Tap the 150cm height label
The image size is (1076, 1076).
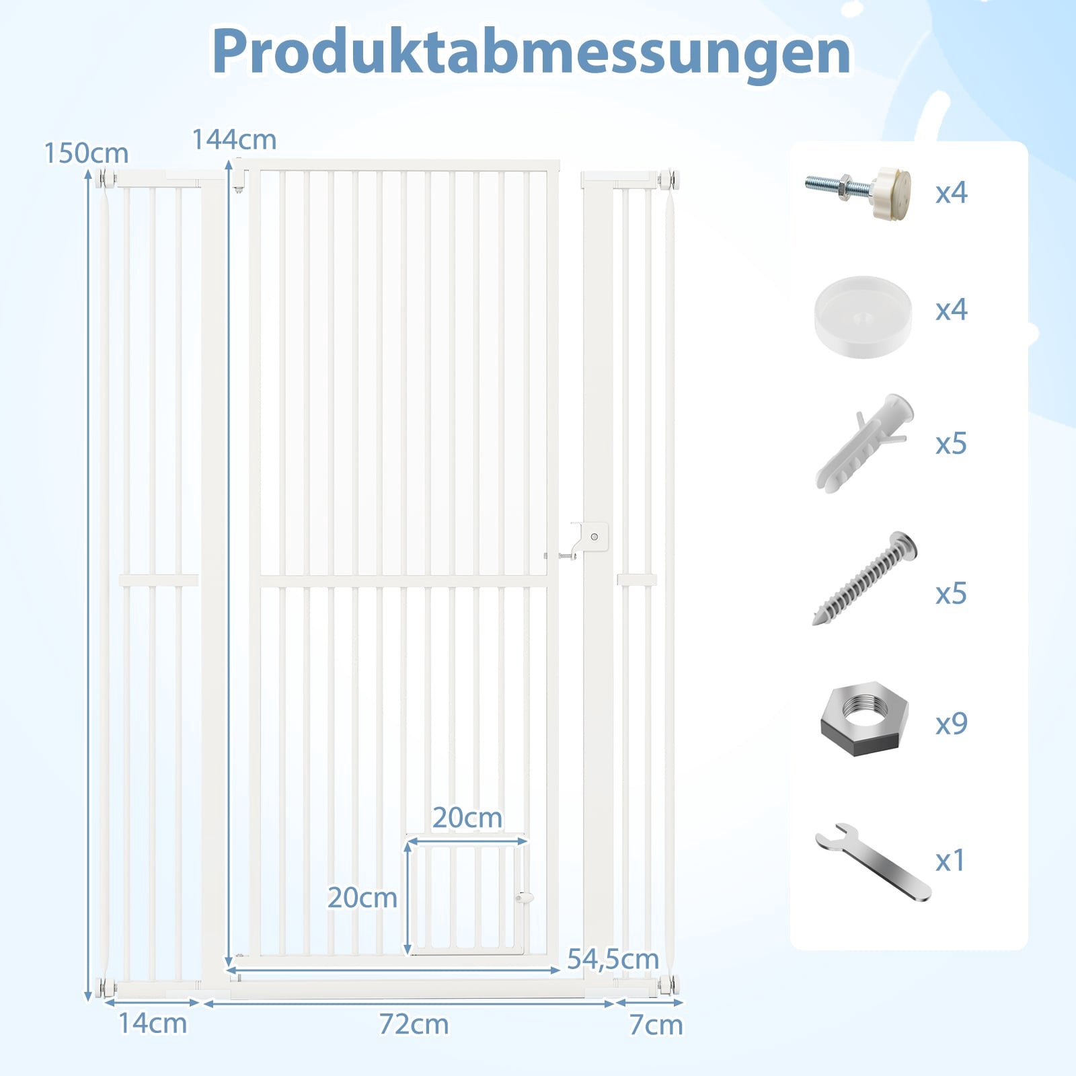86,154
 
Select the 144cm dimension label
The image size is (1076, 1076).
234,140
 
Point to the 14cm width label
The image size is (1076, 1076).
153,1024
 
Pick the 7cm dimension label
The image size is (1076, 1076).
656,1026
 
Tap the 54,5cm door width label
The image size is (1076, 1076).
613,960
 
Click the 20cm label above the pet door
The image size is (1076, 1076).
467,818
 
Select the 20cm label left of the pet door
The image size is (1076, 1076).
362,898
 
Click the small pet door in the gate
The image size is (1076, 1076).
468,897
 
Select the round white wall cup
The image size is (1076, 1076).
863,316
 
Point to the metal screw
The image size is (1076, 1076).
865,578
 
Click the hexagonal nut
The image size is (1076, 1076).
864,720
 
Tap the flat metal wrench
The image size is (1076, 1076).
872,861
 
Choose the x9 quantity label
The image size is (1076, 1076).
951,724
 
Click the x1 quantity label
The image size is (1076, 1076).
950,861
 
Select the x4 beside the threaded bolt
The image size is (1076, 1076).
951,192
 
